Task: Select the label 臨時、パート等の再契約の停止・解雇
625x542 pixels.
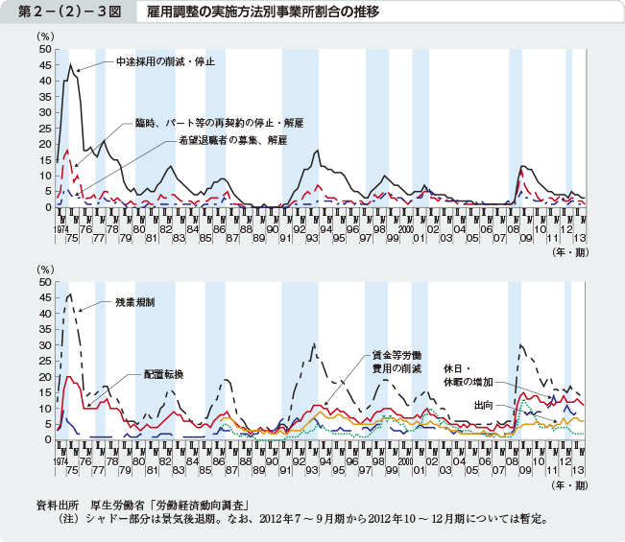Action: tap(219, 124)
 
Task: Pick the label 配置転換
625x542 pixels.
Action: tap(164, 372)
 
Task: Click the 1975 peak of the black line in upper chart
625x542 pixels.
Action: tap(70, 64)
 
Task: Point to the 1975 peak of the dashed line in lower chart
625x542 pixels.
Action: tap(70, 294)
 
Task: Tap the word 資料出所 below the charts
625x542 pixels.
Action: tap(56, 505)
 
